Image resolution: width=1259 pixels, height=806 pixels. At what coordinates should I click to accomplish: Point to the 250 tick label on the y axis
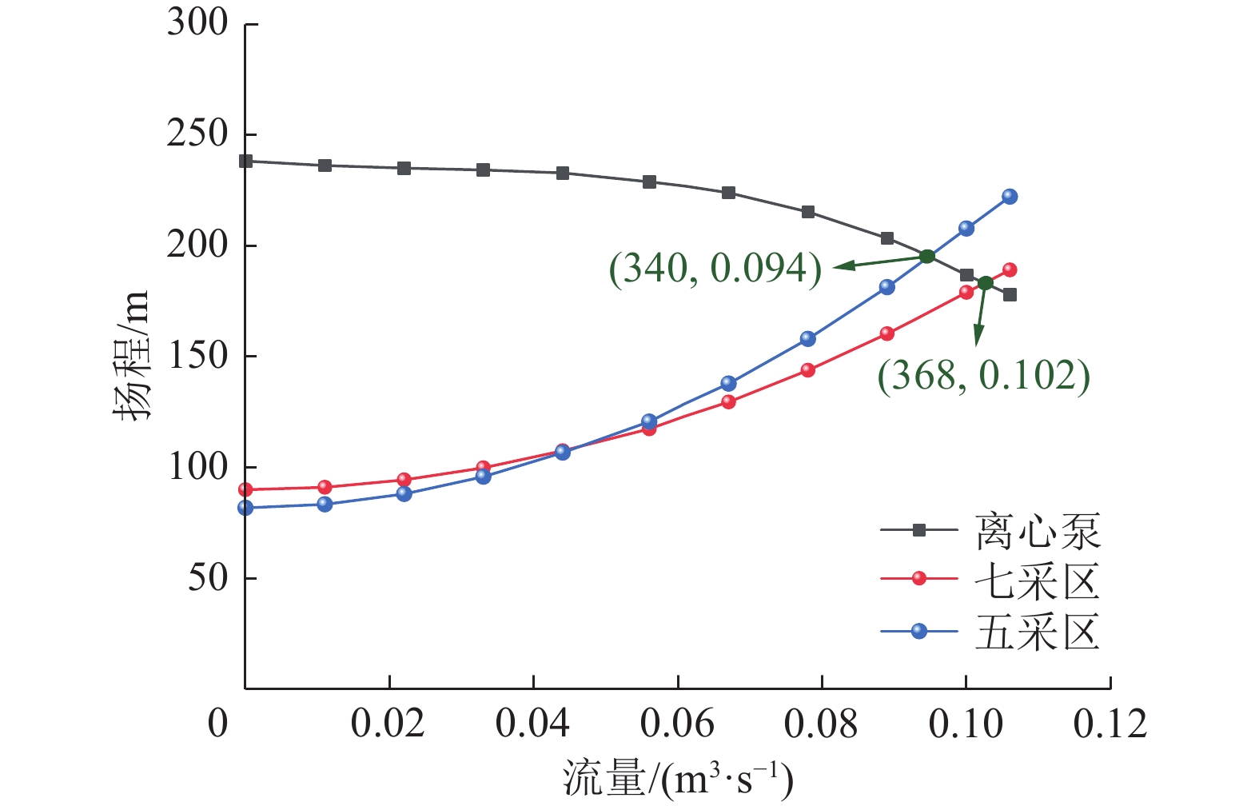click(x=197, y=134)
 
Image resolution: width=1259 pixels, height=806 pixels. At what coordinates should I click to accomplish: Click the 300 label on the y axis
click(x=197, y=23)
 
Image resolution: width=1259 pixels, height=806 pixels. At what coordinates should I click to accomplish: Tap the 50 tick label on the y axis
click(x=208, y=577)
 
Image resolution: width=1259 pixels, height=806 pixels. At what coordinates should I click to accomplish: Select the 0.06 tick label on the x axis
click(x=677, y=724)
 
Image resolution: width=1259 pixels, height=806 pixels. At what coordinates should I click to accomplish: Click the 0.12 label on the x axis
click(x=1110, y=724)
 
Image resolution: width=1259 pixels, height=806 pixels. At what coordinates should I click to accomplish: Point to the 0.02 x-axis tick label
click(x=388, y=724)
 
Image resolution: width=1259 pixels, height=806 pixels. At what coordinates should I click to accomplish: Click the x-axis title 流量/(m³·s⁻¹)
click(x=678, y=778)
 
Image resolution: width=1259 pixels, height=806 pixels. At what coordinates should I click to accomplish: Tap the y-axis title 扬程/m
click(x=130, y=356)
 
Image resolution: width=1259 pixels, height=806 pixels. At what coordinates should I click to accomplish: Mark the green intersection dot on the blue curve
click(x=927, y=257)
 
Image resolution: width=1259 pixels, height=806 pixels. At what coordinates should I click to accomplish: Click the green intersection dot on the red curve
click(x=986, y=283)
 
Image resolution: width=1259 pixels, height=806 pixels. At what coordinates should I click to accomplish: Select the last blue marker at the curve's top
click(x=1010, y=197)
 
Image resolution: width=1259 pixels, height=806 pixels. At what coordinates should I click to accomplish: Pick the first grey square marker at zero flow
click(x=246, y=161)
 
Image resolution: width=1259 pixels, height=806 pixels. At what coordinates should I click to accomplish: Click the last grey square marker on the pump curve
click(x=1010, y=295)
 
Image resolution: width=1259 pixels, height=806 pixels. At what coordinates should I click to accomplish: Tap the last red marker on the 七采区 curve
click(x=1010, y=270)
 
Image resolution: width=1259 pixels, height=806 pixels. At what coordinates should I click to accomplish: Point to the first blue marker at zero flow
click(x=245, y=508)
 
